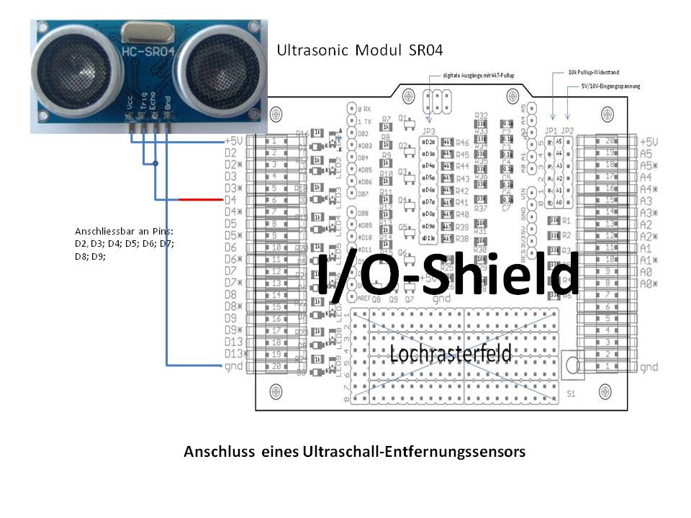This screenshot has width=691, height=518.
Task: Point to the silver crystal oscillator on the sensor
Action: pyautogui.click(x=143, y=30)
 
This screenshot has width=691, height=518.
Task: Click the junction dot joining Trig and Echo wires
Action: pyautogui.click(x=155, y=164)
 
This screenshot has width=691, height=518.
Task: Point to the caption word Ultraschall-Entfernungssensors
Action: pyautogui.click(x=428, y=453)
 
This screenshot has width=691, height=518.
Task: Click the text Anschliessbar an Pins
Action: pyautogui.click(x=125, y=232)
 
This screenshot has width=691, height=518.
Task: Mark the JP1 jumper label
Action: pyautogui.click(x=551, y=130)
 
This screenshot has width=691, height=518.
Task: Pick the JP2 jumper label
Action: pyautogui.click(x=568, y=130)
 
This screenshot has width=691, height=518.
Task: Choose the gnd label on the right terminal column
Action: pyautogui.click(x=648, y=367)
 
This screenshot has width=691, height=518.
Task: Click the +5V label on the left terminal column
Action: pyautogui.click(x=233, y=142)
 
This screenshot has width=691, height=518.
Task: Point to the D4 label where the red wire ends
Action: pyautogui.click(x=230, y=199)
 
